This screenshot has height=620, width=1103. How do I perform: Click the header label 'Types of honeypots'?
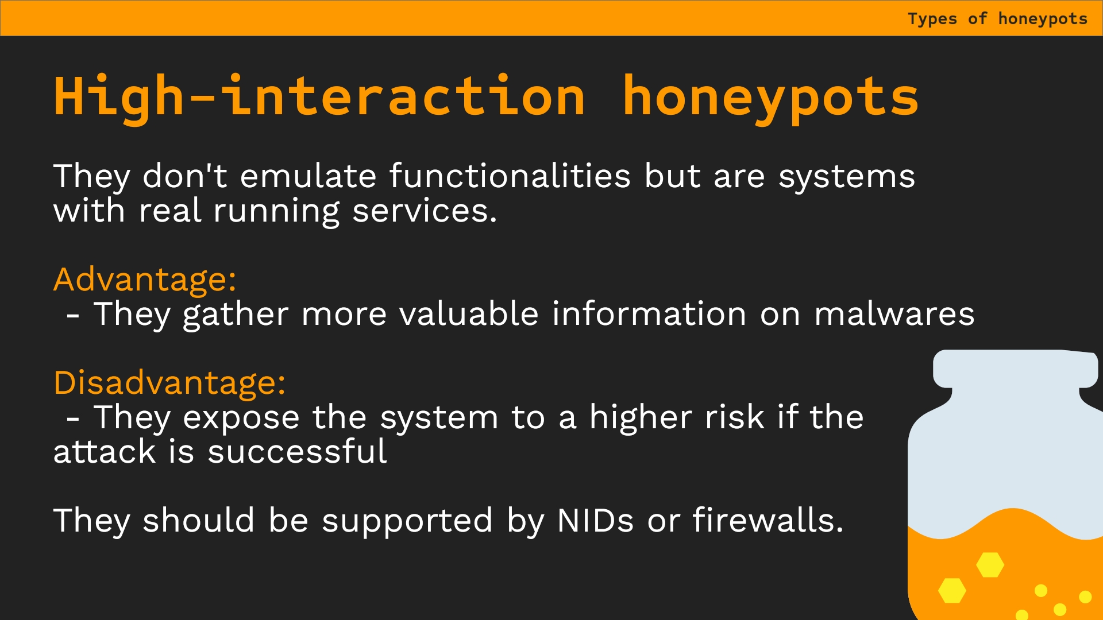(997, 19)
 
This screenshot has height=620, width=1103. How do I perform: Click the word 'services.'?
(425, 211)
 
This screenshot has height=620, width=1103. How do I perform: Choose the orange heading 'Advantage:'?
(145, 280)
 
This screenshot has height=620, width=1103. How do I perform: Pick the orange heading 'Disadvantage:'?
(169, 383)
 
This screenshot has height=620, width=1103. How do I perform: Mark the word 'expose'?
(241, 418)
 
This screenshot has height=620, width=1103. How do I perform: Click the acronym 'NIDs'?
(595, 521)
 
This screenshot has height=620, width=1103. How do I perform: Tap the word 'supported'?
(407, 522)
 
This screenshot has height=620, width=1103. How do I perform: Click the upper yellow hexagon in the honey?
(990, 565)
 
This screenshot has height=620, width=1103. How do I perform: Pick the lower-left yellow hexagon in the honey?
(952, 590)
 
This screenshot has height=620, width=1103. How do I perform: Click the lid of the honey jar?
(1016, 369)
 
